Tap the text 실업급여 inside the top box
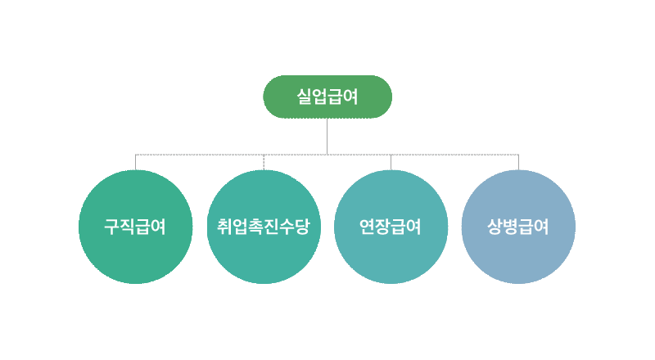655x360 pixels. (x=327, y=97)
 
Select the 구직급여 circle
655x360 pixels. (x=136, y=254)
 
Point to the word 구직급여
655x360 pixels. (x=136, y=227)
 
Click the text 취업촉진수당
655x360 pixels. (x=264, y=227)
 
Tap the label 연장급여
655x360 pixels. (x=391, y=227)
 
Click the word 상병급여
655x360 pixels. (x=518, y=227)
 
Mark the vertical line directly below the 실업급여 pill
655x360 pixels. (x=327, y=136)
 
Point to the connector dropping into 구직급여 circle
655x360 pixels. (x=136, y=162)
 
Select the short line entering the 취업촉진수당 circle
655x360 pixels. (x=264, y=162)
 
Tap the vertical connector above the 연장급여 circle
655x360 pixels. (x=391, y=162)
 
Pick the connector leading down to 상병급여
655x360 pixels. (x=518, y=162)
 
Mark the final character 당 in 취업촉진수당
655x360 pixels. (x=302, y=227)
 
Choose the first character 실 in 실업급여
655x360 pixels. (x=305, y=97)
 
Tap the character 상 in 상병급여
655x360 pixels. (x=495, y=227)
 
